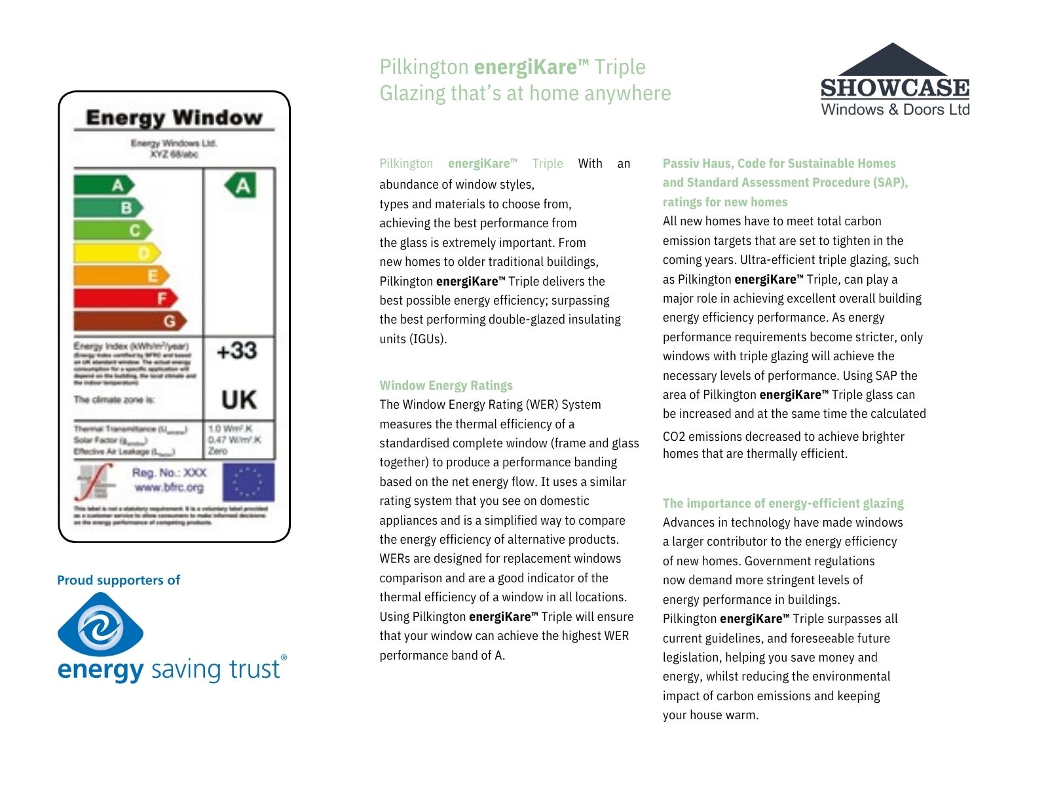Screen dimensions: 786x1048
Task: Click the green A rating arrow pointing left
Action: (x=240, y=185)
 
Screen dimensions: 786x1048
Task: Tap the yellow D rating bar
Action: (x=117, y=253)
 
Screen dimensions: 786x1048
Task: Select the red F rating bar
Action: (x=124, y=299)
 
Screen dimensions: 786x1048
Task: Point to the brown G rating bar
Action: (x=129, y=321)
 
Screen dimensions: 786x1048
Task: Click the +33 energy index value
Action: (x=237, y=351)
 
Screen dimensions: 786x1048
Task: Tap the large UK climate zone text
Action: (x=238, y=400)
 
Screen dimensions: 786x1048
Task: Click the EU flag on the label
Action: (x=248, y=482)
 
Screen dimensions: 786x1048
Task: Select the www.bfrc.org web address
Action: (x=169, y=487)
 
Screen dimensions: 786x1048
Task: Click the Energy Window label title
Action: (x=174, y=118)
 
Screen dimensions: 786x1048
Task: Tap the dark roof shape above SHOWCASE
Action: (x=893, y=60)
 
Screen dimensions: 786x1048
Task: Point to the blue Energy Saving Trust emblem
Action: (x=100, y=625)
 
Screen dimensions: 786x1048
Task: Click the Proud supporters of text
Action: (x=119, y=580)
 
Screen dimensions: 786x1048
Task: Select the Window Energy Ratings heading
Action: (x=446, y=385)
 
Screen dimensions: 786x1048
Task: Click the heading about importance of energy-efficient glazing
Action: (x=783, y=503)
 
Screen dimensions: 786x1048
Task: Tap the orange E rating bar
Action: (x=121, y=276)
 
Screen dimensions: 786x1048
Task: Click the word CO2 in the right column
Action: (x=673, y=437)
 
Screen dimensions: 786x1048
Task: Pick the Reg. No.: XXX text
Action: (x=169, y=472)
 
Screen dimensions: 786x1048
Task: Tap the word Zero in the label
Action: (x=217, y=451)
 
